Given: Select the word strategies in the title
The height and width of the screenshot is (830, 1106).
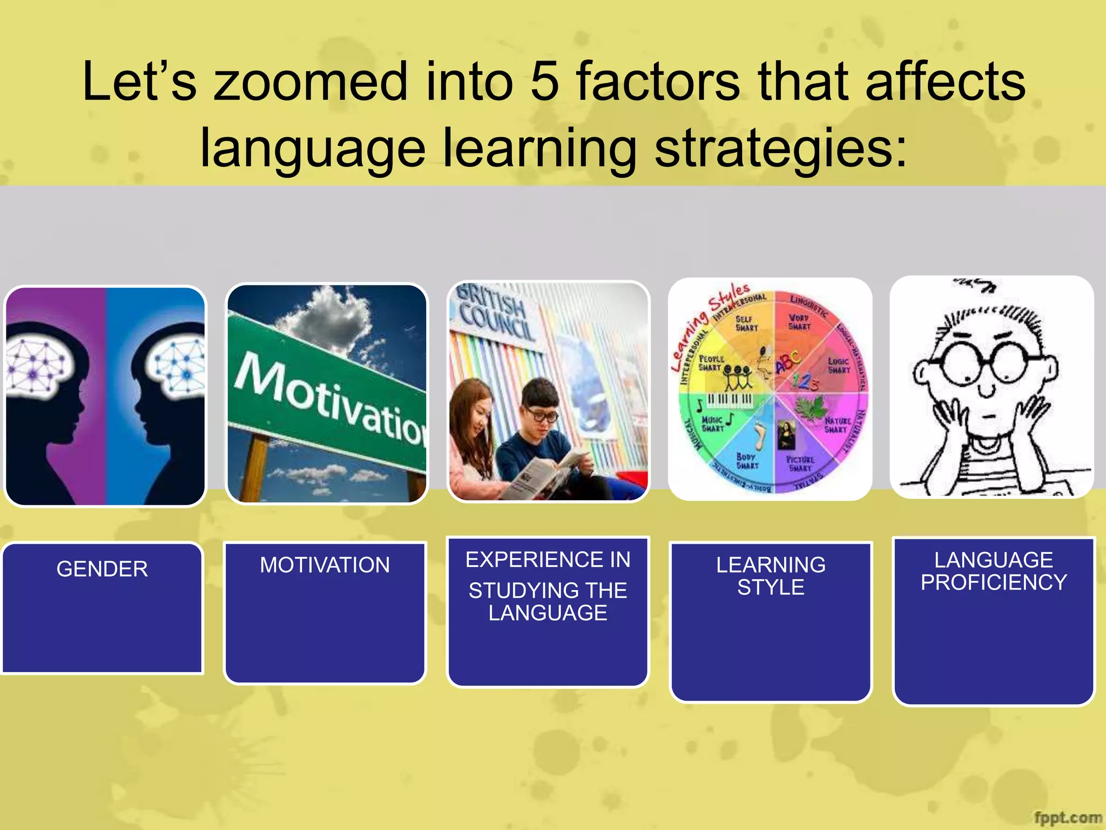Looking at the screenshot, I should click(x=780, y=149).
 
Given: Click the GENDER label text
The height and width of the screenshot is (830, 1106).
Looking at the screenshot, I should click(x=102, y=569).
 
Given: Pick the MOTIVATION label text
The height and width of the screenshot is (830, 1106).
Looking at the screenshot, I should click(x=325, y=565).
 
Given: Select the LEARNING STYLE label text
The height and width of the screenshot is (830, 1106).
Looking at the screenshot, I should click(x=771, y=576).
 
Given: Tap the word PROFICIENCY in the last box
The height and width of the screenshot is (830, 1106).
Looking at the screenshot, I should click(x=994, y=583).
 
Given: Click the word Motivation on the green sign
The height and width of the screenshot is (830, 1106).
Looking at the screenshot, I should click(x=329, y=400).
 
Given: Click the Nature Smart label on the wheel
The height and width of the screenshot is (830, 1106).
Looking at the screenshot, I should click(x=837, y=425).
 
